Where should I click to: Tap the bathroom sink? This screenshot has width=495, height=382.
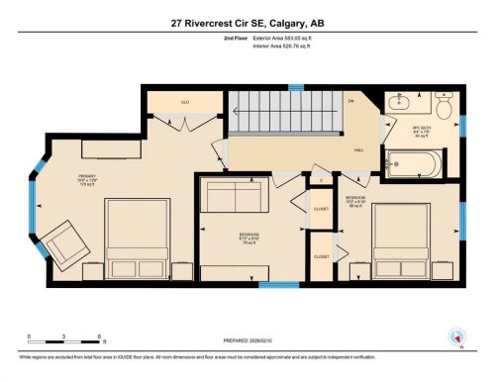point(404,103)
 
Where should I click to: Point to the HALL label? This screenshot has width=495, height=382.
point(358,149)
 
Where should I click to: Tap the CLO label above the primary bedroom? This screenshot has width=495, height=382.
point(184,102)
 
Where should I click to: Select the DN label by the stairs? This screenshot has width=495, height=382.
point(349,102)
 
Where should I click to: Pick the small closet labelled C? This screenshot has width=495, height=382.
point(321,180)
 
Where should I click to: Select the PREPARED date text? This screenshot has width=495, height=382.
point(238,343)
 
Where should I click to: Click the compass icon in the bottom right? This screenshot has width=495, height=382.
point(456,335)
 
